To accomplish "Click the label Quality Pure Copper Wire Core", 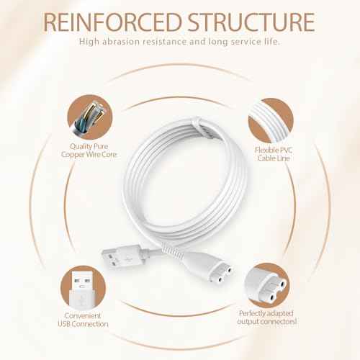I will (x=88, y=150).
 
